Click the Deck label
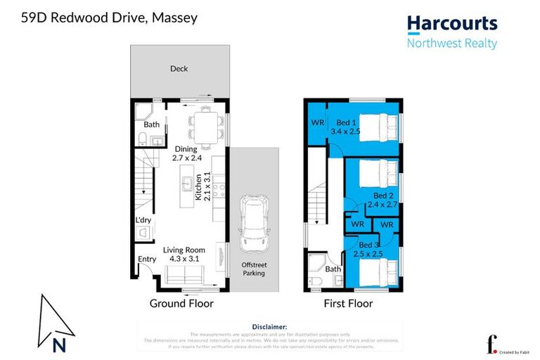[179, 69]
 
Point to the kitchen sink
[187, 185]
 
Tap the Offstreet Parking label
[254, 268]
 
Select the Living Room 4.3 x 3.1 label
[184, 254]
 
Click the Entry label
[147, 259]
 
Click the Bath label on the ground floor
[152, 124]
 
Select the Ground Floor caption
[181, 304]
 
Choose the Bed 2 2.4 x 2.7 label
[382, 200]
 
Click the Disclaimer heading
[269, 327]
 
